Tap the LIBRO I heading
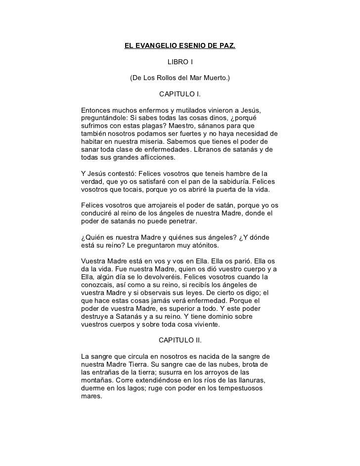pyautogui.click(x=180, y=62)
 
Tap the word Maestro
pyautogui.click(x=188, y=126)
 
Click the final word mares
pyautogui.click(x=90, y=396)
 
